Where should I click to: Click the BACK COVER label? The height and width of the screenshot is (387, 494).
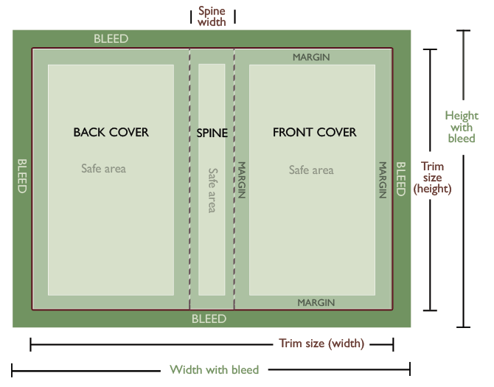tap(111, 132)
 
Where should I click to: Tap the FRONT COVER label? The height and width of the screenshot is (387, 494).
tap(314, 132)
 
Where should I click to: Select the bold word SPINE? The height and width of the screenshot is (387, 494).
tap(212, 133)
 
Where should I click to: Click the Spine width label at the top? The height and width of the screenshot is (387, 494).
tap(212, 16)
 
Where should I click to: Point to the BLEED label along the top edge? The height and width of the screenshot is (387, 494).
tap(111, 39)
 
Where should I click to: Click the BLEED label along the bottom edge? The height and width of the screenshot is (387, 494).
tap(209, 319)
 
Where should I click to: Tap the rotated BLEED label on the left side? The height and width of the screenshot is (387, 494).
tap(22, 175)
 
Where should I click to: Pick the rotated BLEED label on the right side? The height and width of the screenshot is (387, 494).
tap(400, 179)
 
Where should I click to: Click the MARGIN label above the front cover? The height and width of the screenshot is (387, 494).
tap(311, 57)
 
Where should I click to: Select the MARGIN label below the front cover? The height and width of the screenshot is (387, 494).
tap(316, 303)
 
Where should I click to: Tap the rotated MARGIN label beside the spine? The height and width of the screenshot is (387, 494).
tap(241, 180)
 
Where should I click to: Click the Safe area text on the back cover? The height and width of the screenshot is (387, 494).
tap(104, 169)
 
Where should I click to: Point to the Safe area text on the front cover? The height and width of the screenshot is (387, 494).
tap(311, 170)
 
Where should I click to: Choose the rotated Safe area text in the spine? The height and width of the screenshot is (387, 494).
tap(212, 190)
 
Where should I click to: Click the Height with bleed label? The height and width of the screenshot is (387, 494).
tap(462, 127)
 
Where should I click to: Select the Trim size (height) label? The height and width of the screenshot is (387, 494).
tap(432, 178)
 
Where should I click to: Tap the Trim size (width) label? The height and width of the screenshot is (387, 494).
tap(321, 344)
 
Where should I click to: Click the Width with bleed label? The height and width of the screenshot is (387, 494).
tap(215, 370)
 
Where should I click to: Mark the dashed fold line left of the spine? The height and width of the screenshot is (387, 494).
tap(189, 179)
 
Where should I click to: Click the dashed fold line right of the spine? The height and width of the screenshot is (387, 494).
tap(234, 179)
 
